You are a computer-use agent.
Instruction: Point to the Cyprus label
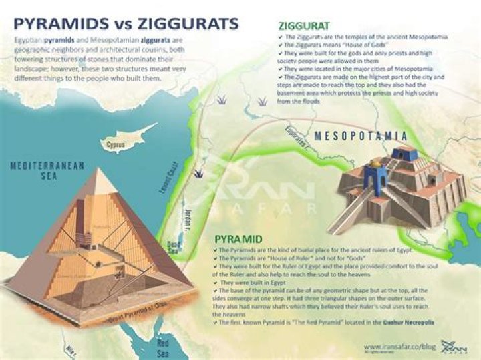click(x=116, y=144)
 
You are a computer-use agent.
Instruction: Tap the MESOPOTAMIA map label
click(x=361, y=136)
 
